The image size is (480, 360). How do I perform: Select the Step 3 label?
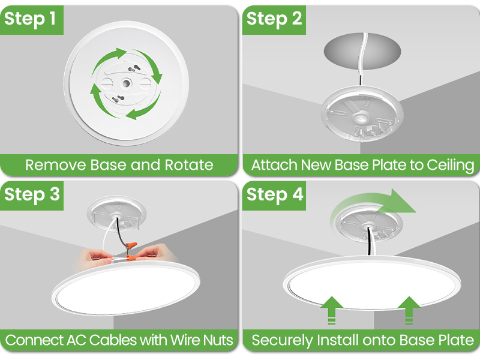click(32, 195)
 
